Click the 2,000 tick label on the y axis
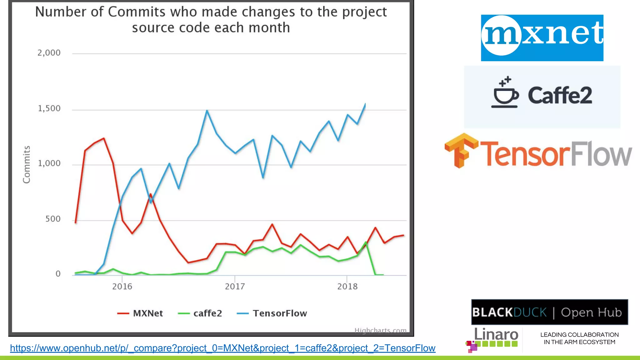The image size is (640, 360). coord(49,53)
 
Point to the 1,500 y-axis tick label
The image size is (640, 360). coord(49,108)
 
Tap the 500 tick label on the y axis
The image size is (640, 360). coord(53,219)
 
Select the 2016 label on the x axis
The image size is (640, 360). coord(122,286)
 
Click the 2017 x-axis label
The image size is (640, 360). coord(235,286)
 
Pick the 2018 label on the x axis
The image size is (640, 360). coord(347,286)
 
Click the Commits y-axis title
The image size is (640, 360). coord(27,164)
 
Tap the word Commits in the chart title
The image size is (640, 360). coord(137,12)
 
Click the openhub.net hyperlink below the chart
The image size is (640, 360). coord(222,348)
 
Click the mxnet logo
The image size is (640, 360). coord(542,38)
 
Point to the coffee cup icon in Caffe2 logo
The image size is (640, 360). coord(505,93)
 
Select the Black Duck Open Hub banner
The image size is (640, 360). coord(549,312)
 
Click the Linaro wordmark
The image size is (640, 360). coord(496,334)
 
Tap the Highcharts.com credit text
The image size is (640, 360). coord(380,330)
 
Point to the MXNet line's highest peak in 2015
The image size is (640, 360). coord(104,138)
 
